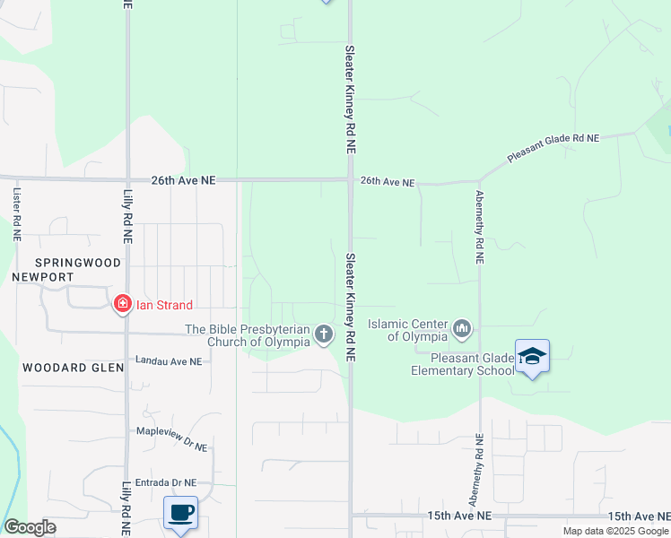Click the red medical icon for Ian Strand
(121, 305)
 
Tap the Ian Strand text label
(164, 305)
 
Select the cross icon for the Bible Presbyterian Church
(324, 335)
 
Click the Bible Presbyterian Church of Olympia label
(248, 335)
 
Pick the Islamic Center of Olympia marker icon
(462, 330)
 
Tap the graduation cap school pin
(532, 356)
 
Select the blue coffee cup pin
(181, 513)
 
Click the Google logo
(29, 527)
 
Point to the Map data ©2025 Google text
(615, 531)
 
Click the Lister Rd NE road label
(17, 213)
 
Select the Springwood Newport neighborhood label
(54, 270)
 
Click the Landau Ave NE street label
(169, 360)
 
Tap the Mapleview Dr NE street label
(171, 431)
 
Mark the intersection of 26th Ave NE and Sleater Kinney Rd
(350, 179)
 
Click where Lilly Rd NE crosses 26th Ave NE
(127, 179)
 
